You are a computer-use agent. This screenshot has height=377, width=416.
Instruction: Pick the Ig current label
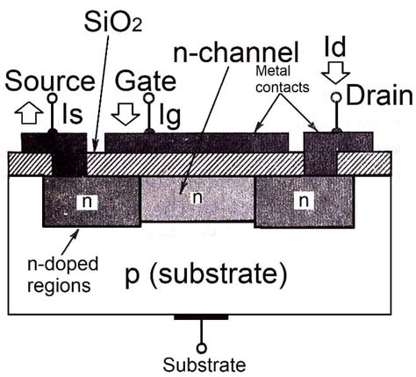(169, 113)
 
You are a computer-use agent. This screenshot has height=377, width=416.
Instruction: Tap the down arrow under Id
(338, 70)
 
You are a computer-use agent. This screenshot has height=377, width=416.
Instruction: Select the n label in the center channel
(197, 199)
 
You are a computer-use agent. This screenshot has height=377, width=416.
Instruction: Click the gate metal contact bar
(197, 141)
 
